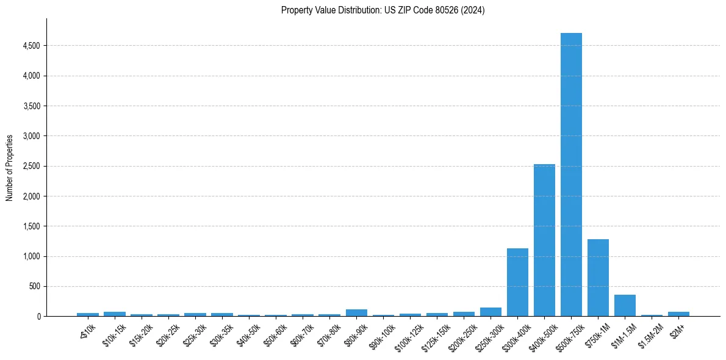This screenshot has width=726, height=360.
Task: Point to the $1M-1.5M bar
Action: click(x=625, y=305)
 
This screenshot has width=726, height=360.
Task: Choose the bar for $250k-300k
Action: click(x=491, y=312)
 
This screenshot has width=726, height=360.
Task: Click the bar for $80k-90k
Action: click(x=356, y=313)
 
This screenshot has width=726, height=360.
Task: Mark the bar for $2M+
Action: click(x=678, y=314)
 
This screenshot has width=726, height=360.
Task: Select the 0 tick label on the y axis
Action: click(x=38, y=316)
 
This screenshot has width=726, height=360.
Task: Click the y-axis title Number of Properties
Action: click(x=10, y=167)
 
